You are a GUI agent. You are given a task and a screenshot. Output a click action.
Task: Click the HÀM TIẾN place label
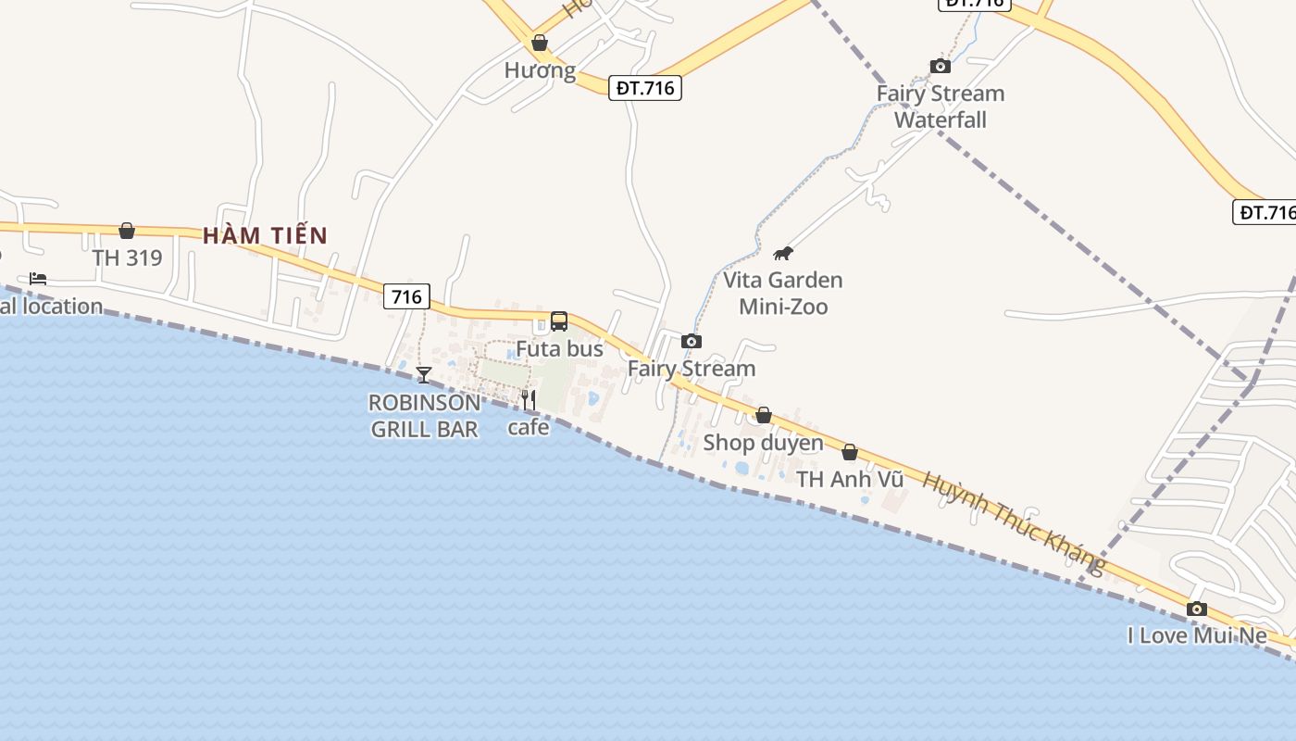(x=266, y=235)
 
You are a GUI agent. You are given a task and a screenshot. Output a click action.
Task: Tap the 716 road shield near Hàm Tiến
(x=406, y=296)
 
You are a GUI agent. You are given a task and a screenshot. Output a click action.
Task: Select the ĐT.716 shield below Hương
(x=645, y=88)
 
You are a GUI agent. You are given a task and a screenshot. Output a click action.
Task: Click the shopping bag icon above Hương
(x=540, y=43)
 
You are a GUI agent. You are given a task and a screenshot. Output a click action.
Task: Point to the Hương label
(x=540, y=70)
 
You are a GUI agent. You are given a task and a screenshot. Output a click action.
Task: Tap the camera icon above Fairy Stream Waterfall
(x=940, y=66)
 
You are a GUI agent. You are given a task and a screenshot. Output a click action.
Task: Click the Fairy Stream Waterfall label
(x=941, y=107)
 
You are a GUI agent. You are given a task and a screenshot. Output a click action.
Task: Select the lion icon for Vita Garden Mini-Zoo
(x=783, y=253)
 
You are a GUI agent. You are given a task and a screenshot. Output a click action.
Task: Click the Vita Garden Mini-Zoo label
(x=783, y=293)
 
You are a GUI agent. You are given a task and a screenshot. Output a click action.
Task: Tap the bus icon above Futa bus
(x=559, y=321)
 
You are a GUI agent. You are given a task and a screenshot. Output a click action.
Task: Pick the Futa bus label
(x=559, y=349)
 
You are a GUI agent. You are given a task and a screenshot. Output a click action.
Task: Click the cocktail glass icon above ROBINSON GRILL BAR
(x=424, y=375)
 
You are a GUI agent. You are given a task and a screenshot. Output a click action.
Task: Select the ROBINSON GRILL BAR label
(x=425, y=416)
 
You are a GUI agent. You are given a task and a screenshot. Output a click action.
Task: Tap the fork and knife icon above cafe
(x=529, y=400)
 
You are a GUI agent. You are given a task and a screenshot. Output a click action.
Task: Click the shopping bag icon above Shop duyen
(x=764, y=415)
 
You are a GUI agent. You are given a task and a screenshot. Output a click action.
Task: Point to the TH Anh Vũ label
(x=850, y=479)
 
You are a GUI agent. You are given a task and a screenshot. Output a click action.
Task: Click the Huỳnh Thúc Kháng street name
(x=1015, y=522)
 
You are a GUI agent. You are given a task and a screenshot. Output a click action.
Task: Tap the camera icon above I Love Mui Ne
(x=1197, y=609)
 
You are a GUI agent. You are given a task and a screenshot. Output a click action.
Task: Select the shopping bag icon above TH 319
(x=127, y=231)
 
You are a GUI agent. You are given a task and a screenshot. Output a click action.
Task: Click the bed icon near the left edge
(x=38, y=278)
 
